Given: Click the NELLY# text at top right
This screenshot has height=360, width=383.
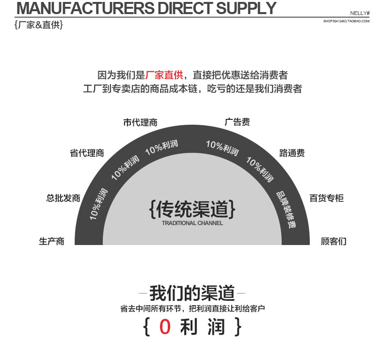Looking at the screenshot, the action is pos(360,13).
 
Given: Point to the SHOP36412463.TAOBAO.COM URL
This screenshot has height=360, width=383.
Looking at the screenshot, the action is pos(346,21).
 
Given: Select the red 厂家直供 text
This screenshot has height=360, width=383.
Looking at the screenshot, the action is pos(164,75).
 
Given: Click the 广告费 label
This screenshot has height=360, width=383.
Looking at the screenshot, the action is pos(237,122).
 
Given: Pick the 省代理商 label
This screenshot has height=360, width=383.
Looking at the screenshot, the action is pos(87,153).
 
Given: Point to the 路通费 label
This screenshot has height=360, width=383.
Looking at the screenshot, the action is pos(292,153).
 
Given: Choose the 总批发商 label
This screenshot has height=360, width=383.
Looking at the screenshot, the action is pos(63,198).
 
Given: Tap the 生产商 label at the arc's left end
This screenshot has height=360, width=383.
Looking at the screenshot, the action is pos(51,241).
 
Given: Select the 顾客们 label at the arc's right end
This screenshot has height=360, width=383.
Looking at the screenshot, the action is pos(334,241).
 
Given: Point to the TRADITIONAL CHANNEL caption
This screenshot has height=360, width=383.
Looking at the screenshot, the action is pos(192,223).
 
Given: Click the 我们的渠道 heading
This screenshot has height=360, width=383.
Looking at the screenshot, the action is pos(192,293).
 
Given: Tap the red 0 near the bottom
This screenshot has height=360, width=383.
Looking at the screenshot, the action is pos(165,327).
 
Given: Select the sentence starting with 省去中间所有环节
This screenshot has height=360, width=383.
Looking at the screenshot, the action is pos(192,309).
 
